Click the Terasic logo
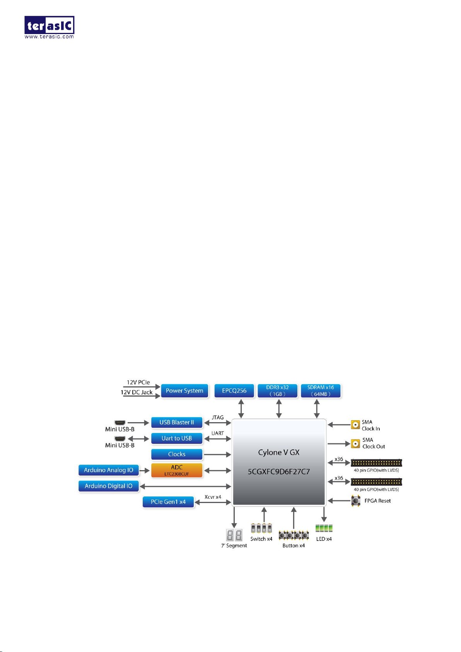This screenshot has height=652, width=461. [49, 27]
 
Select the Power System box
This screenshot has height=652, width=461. [184, 391]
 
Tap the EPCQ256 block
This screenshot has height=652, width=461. [234, 391]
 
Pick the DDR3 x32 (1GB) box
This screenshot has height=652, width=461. [277, 391]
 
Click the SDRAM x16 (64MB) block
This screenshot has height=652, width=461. [321, 391]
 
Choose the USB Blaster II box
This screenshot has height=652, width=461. [177, 423]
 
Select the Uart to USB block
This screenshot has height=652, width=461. [177, 438]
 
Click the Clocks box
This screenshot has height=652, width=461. [177, 454]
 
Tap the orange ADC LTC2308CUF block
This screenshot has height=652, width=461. [177, 470]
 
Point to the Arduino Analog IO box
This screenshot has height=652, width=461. [109, 470]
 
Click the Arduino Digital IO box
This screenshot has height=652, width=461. [109, 486]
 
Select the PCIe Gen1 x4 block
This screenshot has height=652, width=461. [168, 502]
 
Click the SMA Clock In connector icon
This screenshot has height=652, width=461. [355, 425]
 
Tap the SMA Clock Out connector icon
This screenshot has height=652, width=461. [355, 443]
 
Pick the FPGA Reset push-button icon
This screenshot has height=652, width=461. [355, 501]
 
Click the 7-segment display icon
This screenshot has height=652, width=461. [234, 535]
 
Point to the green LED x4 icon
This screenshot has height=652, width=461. [324, 528]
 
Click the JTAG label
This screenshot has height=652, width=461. [218, 418]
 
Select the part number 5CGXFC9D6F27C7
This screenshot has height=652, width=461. [279, 472]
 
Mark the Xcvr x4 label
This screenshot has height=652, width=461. [213, 497]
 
